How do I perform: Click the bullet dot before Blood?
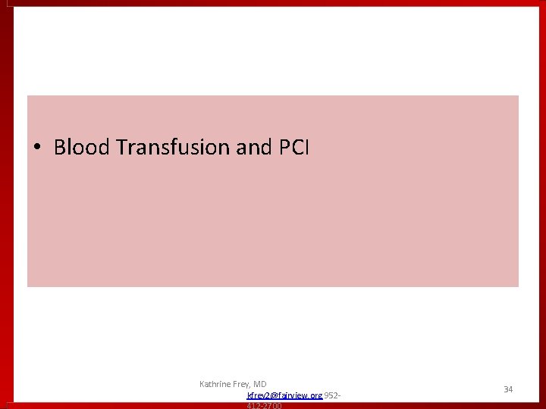click(36, 148)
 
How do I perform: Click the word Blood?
click(82, 147)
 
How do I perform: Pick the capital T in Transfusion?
click(121, 147)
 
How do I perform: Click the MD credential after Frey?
click(261, 384)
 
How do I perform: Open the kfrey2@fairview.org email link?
click(284, 395)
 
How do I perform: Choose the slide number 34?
click(508, 389)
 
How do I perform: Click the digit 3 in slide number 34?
click(506, 389)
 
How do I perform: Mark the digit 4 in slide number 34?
click(510, 389)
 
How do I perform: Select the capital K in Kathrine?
click(202, 384)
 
